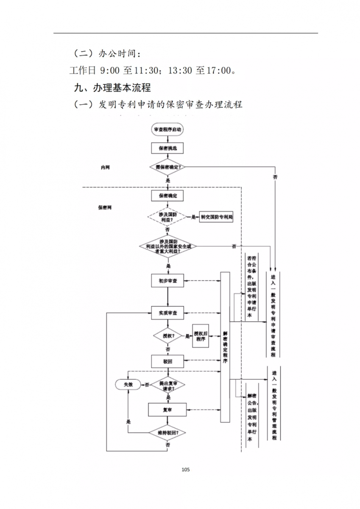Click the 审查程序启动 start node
pos(167,129)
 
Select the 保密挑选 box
pos(167,148)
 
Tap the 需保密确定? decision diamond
pos(167,167)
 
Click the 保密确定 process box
pos(167,196)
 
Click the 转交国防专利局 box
pos(217,217)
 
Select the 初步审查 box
pos(167,281)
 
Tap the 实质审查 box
pos(167,313)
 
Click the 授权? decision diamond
pos(167,336)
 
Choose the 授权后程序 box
pos(201,336)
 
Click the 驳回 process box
pos(167,361)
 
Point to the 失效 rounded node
pos(128,384)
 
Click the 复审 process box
pos(167,410)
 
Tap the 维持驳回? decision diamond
pos(167,433)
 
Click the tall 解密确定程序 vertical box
pos(225,347)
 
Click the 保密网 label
pos(105,208)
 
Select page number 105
pos(185,470)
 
